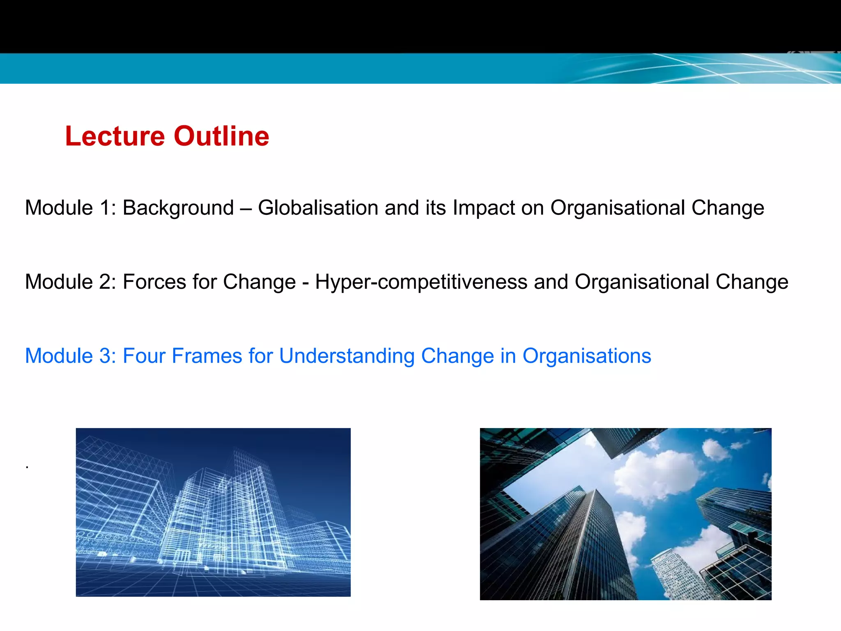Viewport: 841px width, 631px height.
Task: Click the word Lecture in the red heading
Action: (x=115, y=136)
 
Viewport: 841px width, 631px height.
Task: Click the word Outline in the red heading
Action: (x=221, y=136)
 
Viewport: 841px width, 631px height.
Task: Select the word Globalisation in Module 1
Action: (x=318, y=207)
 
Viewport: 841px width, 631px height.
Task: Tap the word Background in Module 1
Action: (x=178, y=207)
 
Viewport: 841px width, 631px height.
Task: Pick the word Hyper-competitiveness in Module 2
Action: (x=421, y=282)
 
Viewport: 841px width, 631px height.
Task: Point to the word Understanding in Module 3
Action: (x=347, y=356)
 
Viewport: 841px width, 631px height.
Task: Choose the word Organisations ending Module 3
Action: (x=586, y=356)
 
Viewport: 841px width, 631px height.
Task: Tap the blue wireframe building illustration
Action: (x=213, y=512)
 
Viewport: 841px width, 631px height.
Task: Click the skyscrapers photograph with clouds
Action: (x=625, y=514)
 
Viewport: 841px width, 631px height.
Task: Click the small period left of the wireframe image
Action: (x=27, y=467)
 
